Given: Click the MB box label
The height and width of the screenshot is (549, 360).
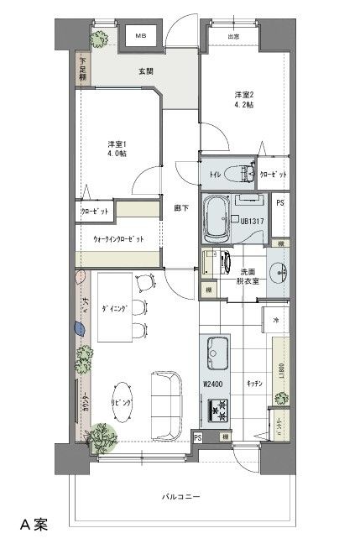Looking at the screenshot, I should click(x=140, y=37).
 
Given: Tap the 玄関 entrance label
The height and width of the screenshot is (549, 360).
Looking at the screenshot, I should click(x=146, y=72).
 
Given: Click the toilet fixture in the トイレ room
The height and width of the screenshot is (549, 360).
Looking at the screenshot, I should click(x=244, y=173).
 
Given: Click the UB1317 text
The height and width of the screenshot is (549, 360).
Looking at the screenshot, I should click(x=253, y=221).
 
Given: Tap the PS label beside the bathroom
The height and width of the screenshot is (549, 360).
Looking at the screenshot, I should click(x=280, y=203).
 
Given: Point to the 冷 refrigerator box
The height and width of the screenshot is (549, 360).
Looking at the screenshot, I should click(x=275, y=321).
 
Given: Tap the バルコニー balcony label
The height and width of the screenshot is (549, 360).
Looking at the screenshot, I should click(x=180, y=497).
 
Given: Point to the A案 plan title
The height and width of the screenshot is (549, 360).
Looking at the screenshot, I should click(x=34, y=526).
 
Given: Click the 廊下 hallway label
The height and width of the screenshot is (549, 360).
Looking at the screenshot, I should click(x=181, y=207).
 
